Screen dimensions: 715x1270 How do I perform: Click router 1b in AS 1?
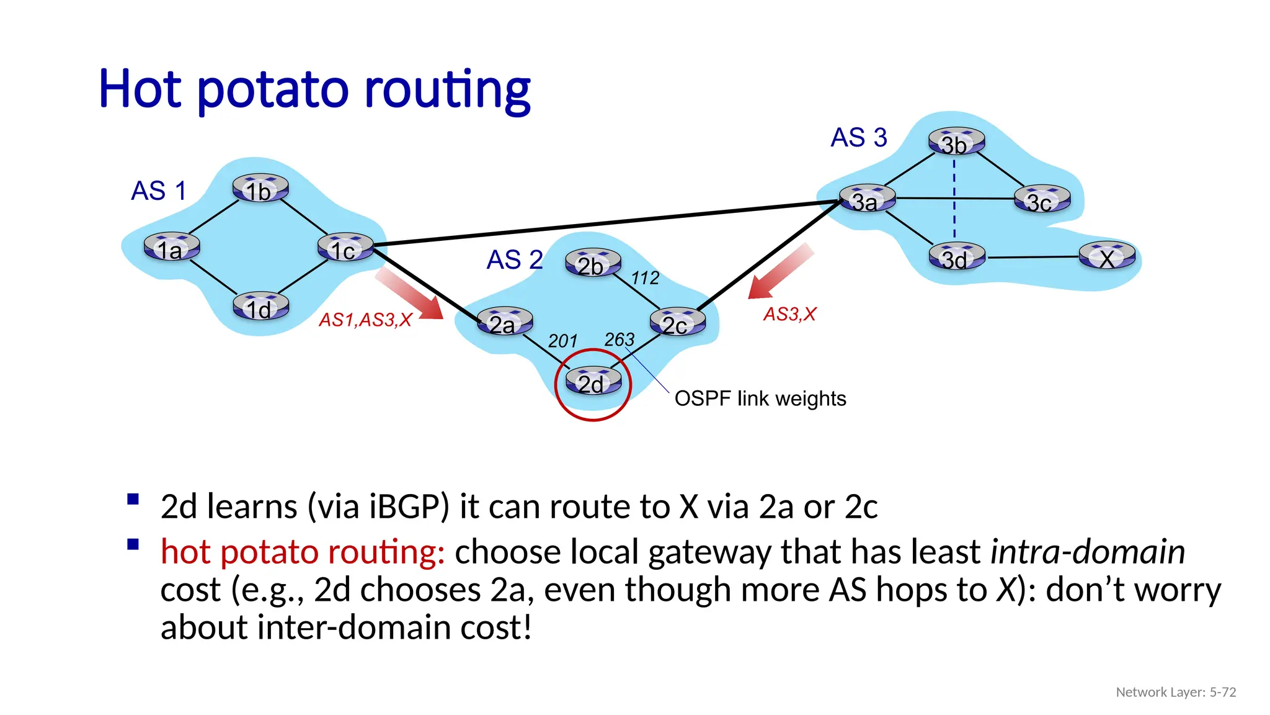click(x=260, y=189)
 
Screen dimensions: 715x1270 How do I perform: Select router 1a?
click(x=172, y=248)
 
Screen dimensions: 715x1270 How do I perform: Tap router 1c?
click(x=345, y=248)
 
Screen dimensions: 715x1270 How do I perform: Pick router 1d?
click(x=260, y=307)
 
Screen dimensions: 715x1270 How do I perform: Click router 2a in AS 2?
click(x=505, y=322)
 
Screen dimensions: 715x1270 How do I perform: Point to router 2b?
click(x=593, y=263)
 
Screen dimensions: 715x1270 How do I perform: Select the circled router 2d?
click(x=593, y=382)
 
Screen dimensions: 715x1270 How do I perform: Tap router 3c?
click(x=1042, y=200)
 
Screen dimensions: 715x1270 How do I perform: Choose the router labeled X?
click(x=1107, y=257)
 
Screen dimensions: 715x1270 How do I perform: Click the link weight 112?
click(x=645, y=278)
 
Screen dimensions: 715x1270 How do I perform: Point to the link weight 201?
click(x=562, y=341)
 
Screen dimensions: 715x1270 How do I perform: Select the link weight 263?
click(x=619, y=339)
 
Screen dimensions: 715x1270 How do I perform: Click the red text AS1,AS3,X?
click(x=365, y=320)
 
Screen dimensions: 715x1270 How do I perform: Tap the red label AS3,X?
click(x=789, y=314)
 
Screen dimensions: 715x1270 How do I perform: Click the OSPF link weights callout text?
click(x=760, y=398)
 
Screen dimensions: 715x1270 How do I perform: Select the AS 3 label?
click(x=858, y=137)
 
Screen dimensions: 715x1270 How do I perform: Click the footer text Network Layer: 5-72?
click(x=1175, y=692)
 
